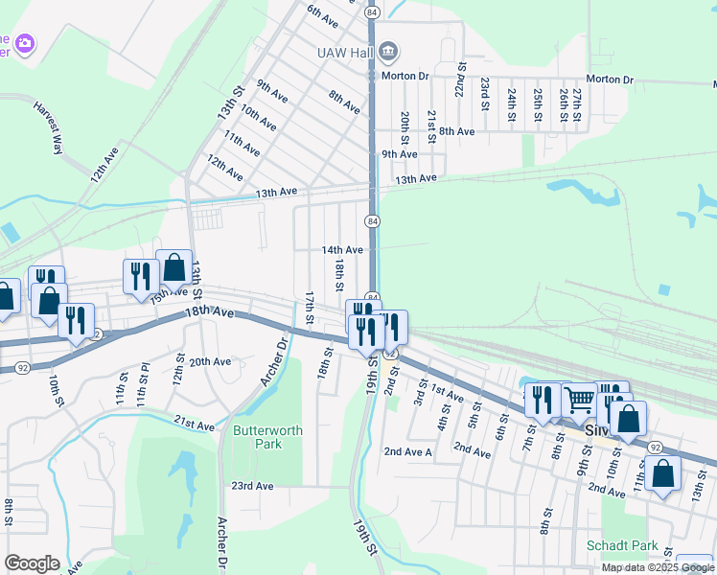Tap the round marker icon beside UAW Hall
(x=388, y=50)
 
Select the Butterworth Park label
(x=267, y=438)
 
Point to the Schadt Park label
(x=622, y=545)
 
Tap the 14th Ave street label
(x=342, y=250)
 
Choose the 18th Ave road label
(x=210, y=312)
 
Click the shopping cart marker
(x=579, y=401)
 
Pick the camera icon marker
(x=25, y=43)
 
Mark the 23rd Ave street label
(x=251, y=486)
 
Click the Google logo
(x=32, y=563)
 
